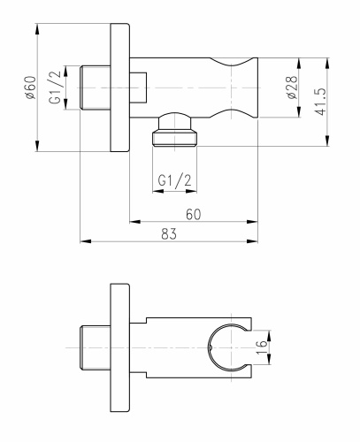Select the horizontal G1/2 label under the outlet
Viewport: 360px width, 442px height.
(174, 181)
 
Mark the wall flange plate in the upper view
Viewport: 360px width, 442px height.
(119, 88)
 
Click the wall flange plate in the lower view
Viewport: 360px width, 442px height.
(119, 348)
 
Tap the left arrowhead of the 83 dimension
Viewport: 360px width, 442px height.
(84, 240)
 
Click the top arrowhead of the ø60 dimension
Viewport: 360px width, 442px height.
(38, 27)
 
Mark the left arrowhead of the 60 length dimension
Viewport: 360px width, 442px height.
(134, 218)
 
